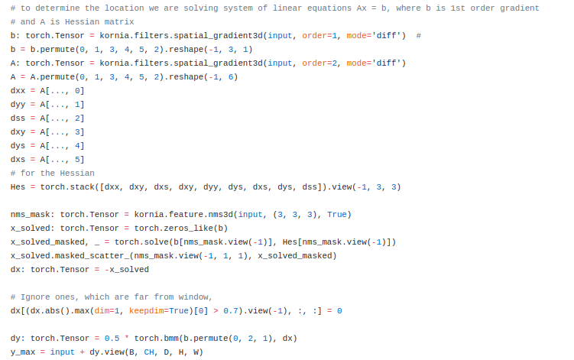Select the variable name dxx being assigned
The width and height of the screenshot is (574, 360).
[18, 90]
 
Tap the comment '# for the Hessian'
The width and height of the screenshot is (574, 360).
[53, 173]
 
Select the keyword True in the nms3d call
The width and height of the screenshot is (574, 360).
[339, 214]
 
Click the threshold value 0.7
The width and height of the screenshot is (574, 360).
[232, 310]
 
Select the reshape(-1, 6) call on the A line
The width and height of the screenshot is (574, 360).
[202, 76]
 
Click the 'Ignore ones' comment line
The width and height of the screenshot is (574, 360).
[111, 297]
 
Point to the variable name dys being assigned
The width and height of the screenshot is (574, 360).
[18, 145]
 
